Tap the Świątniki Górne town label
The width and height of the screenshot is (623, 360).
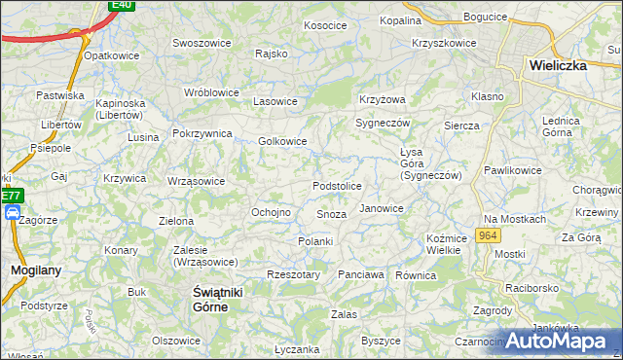pyautogui.click(x=211, y=299)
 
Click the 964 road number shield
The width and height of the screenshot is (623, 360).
pyautogui.click(x=488, y=236)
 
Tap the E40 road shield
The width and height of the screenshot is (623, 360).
pyautogui.click(x=122, y=5)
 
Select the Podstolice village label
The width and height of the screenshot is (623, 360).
pyautogui.click(x=337, y=186)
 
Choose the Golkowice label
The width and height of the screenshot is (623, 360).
pyautogui.click(x=282, y=141)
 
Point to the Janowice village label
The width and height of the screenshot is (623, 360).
pyautogui.click(x=382, y=208)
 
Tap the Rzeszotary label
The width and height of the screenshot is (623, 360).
pyautogui.click(x=293, y=274)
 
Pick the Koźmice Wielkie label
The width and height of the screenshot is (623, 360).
pyautogui.click(x=443, y=244)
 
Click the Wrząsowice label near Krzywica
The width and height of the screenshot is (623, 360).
pyautogui.click(x=196, y=181)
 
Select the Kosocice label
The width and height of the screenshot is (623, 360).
pyautogui.click(x=326, y=25)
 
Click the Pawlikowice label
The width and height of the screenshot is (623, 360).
pyautogui.click(x=512, y=170)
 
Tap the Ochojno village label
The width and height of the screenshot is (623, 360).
pyautogui.click(x=272, y=212)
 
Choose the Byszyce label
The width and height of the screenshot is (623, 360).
pyautogui.click(x=382, y=341)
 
